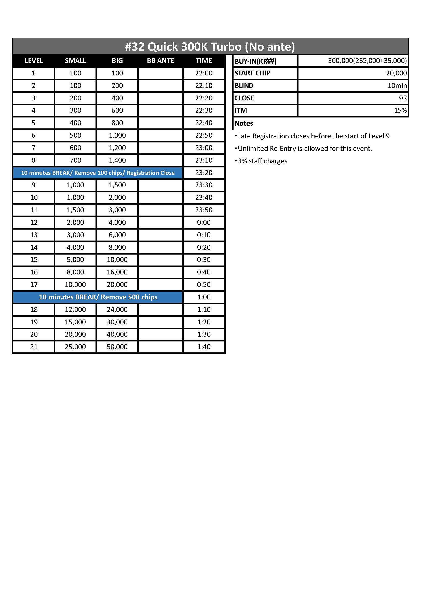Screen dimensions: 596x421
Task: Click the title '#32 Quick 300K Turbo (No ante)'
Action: tap(210, 47)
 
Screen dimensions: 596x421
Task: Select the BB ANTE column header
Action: tap(160, 61)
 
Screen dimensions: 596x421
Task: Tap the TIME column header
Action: tap(204, 61)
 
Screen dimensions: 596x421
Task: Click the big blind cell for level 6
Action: tap(117, 135)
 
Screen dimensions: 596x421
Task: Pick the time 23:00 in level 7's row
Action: tap(204, 148)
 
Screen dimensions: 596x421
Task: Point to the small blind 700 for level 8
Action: tap(75, 160)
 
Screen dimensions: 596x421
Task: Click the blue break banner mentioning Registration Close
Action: tap(98, 173)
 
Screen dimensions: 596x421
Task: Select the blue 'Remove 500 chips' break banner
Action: tap(98, 297)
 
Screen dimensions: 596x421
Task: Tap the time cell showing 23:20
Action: tap(204, 173)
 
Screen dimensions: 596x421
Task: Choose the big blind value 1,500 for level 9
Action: tap(117, 185)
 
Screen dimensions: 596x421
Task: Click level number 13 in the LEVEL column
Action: tap(34, 235)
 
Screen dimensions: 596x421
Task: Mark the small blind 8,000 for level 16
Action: tap(75, 272)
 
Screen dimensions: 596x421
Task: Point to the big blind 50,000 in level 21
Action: tap(117, 347)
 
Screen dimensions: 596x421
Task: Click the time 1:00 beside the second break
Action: tap(204, 297)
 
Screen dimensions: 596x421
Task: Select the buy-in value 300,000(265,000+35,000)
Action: tap(367, 61)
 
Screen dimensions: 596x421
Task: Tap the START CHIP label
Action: tap(252, 73)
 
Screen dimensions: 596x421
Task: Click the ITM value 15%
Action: tap(400, 110)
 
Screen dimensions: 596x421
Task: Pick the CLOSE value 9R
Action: tap(403, 98)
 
